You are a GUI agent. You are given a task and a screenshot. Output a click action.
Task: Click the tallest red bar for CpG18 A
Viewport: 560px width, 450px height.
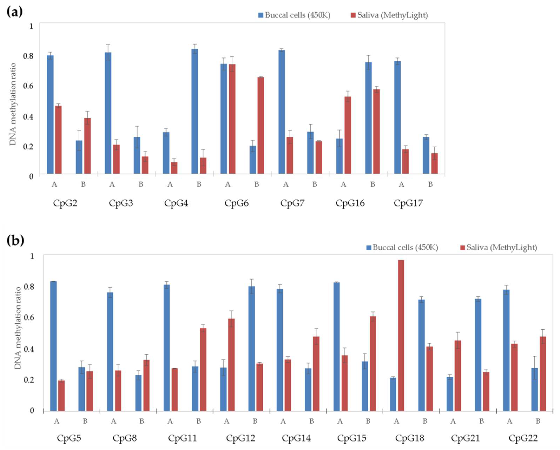click(401, 335)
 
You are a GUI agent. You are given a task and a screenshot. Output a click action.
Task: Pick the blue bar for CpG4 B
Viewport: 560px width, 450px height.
click(195, 111)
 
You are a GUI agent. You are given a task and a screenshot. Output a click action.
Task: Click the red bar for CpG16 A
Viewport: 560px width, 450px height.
click(348, 135)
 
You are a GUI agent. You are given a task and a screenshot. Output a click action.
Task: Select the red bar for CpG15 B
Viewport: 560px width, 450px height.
click(373, 363)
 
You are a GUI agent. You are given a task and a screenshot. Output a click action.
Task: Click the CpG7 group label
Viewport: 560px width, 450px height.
click(292, 203)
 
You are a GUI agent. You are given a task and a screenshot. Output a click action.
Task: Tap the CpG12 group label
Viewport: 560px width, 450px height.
click(241, 438)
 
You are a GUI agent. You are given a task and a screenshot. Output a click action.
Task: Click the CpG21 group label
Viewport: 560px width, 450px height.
click(465, 438)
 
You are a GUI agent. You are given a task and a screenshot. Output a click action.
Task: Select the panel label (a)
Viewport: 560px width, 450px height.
click(15, 12)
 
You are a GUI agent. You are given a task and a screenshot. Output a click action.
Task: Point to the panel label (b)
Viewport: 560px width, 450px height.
click(15, 240)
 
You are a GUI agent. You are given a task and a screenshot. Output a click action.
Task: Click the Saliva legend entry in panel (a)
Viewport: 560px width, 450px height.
click(389, 15)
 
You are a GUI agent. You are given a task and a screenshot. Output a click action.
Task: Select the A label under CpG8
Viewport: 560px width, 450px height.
click(114, 421)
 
